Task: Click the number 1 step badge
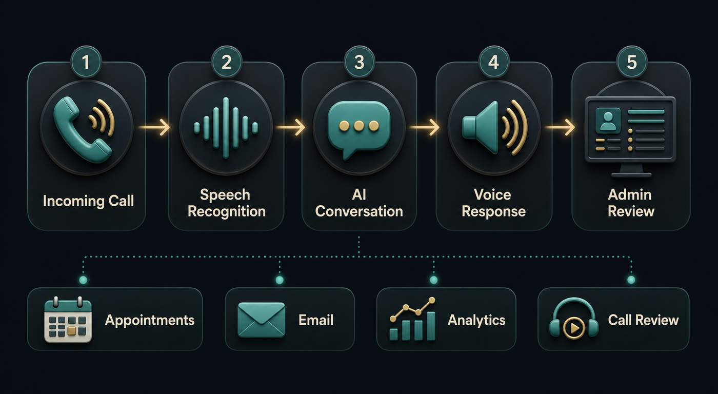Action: point(86,62)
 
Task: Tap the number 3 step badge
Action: point(359,62)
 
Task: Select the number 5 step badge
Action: point(631,62)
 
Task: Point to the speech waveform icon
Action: point(226,128)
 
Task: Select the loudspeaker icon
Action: point(494,128)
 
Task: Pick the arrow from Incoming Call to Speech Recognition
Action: point(154,127)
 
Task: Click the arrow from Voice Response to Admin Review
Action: point(560,127)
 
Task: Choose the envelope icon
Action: point(261,320)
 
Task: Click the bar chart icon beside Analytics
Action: point(412,319)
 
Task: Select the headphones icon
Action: point(574,318)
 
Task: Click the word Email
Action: point(316,320)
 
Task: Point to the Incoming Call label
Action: point(88,201)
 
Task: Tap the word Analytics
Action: point(476,320)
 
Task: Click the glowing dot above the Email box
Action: point(280,280)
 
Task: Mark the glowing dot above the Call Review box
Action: point(631,280)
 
